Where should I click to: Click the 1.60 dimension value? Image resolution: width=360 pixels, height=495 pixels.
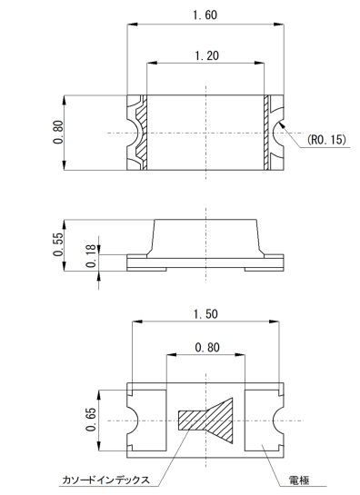pos(205,15)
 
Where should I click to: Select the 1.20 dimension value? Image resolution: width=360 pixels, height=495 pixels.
pos(206,56)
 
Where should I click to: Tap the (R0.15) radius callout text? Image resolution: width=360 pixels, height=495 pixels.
pos(326,139)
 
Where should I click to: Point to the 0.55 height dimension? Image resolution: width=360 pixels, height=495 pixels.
pos(58,244)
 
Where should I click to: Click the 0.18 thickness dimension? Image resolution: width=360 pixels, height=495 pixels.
pos(91,256)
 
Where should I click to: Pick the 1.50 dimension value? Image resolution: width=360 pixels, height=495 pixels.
pos(205,314)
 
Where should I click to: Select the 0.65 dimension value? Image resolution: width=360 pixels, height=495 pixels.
pos(91,420)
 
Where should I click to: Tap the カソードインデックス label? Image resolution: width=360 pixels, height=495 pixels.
pos(105,480)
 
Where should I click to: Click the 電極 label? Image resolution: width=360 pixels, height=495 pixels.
pos(299,480)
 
